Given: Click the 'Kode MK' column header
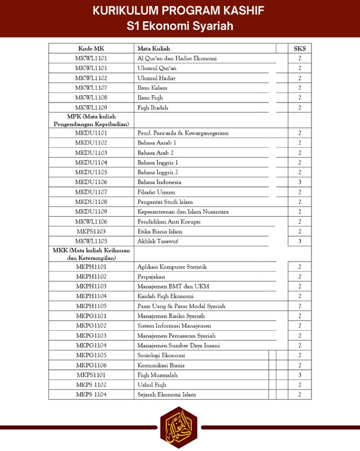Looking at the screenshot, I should click(x=91, y=48).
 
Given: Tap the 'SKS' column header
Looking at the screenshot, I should click(x=300, y=48).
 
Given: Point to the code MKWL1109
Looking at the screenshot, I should click(x=91, y=107).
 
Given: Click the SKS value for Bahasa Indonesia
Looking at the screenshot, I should click(x=300, y=182).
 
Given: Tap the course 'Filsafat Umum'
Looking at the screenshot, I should click(x=156, y=192).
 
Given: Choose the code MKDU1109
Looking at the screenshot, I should click(x=91, y=212).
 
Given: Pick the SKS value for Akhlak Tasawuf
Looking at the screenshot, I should click(x=300, y=241).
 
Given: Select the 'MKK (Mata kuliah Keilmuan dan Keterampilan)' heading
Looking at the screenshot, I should click(x=91, y=254).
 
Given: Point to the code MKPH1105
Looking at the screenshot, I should click(x=91, y=306).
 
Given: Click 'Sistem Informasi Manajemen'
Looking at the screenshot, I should click(x=174, y=325).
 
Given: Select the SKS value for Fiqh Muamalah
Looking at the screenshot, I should click(x=300, y=375).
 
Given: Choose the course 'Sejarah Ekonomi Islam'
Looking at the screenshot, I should click(x=167, y=395).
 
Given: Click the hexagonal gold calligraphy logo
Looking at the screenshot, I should click(x=178, y=427).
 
